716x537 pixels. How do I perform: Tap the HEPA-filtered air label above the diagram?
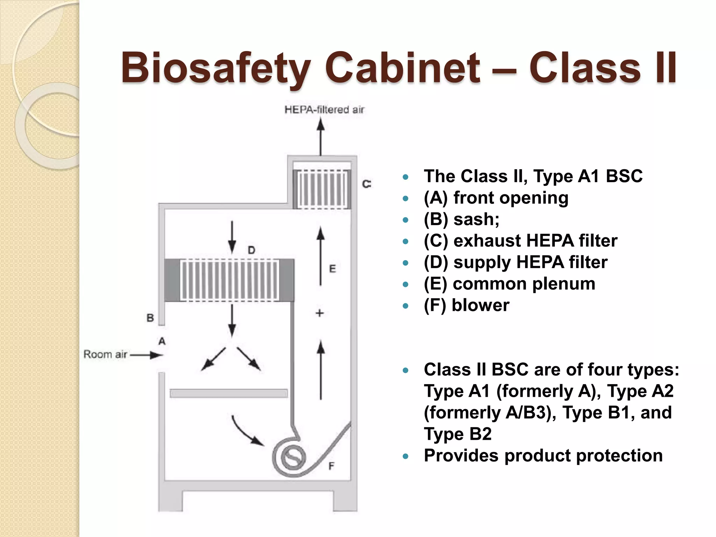pos(324,110)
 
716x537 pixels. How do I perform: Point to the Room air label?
pos(105,355)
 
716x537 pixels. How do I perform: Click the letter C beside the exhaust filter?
pos(366,184)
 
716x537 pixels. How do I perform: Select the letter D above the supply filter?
pos(251,250)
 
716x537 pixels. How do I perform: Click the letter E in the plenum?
pos(332,269)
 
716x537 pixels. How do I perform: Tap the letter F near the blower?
pos(331,466)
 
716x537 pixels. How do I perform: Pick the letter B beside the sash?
pos(150,318)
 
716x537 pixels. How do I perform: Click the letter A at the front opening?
pos(162,341)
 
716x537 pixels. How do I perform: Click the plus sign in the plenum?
pos(320,313)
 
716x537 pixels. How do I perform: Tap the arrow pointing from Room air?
pos(147,355)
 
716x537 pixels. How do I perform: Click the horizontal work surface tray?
pos(229,393)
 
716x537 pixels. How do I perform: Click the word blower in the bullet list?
pos(480,305)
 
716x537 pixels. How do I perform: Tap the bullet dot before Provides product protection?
pos(406,456)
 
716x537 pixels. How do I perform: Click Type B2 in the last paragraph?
pos(458,434)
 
